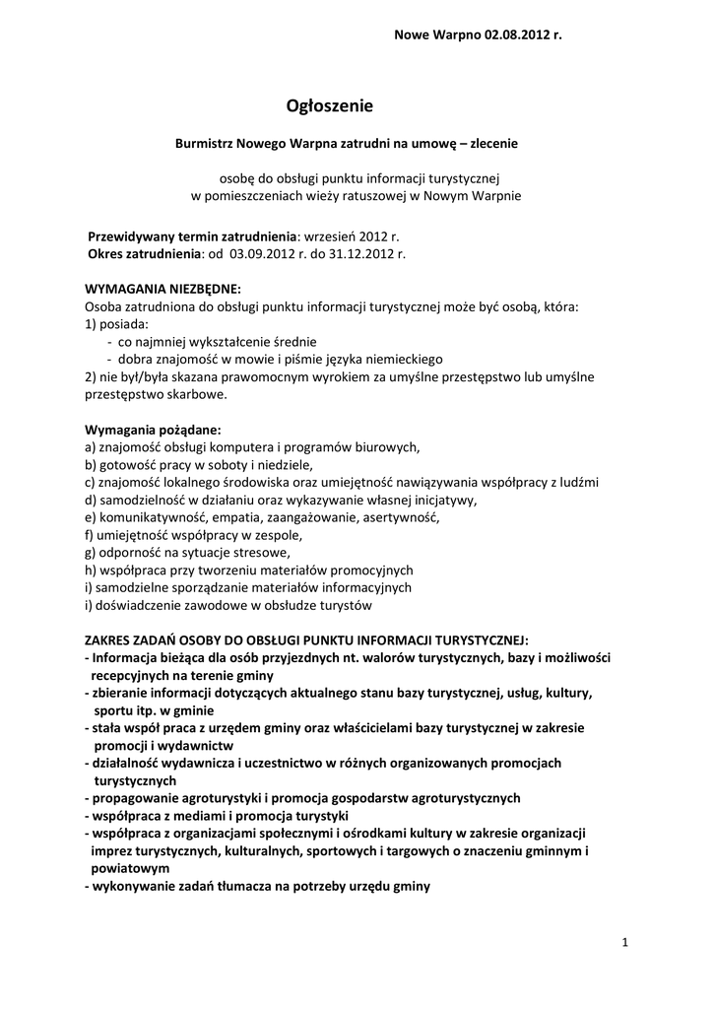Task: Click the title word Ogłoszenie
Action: coord(330,105)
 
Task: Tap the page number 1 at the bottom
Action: coord(625,943)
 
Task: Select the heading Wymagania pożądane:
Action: coord(153,430)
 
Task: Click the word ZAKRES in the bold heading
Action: coord(108,639)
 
